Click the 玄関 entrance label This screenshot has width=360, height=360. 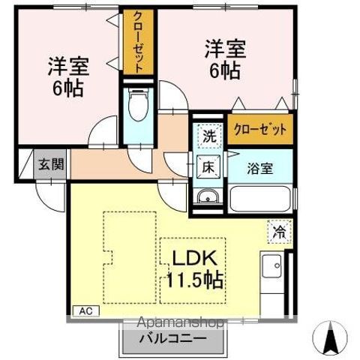click(51, 164)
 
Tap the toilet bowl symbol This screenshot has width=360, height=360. click(138, 105)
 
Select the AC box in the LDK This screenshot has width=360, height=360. click(86, 311)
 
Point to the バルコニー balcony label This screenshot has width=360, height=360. click(173, 339)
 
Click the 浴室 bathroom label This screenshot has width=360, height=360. click(260, 169)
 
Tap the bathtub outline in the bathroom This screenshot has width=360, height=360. click(260, 199)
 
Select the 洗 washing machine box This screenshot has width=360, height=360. click(209, 136)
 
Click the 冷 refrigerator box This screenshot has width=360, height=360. click(280, 232)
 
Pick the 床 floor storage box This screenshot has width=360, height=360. click(208, 167)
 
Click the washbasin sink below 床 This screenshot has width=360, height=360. click(208, 196)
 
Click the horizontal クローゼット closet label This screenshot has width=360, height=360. click(260, 129)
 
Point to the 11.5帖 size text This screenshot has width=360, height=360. click(194, 280)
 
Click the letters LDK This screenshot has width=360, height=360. click(194, 258)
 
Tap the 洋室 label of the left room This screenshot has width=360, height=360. click(68, 67)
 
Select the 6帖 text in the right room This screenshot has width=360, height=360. click(225, 70)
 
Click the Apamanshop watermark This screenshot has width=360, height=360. click(181, 322)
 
